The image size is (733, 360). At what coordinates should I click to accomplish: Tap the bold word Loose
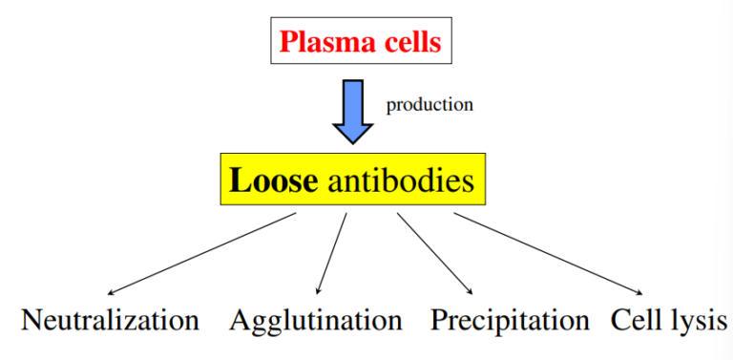tap(271, 180)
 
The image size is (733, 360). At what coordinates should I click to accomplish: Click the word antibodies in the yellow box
tap(401, 180)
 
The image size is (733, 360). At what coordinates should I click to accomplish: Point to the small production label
tap(429, 105)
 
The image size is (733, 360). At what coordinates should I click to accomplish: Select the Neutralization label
tap(110, 320)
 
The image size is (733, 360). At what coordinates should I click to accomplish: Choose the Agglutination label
tap(316, 320)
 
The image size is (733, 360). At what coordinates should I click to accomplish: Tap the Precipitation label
tap(510, 320)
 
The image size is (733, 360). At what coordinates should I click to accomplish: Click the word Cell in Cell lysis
tap(633, 320)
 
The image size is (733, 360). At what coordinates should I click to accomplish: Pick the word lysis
tap(695, 320)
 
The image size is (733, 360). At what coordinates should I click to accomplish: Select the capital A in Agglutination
tap(240, 320)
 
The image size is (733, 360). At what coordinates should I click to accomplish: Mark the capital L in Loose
tap(237, 180)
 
